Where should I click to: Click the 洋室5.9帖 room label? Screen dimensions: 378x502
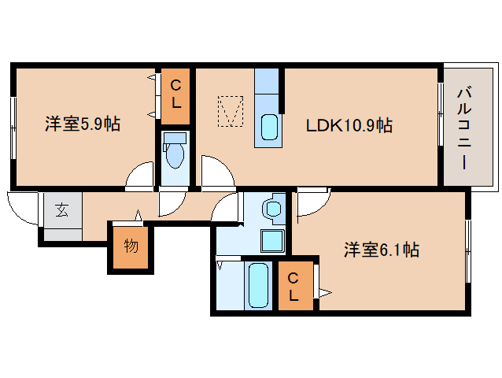point(82,124)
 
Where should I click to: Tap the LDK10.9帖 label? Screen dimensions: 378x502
point(349,124)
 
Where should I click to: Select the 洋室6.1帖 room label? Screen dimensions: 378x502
point(380,250)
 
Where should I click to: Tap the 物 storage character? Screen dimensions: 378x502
point(131,246)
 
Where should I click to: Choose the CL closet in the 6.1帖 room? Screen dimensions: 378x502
point(293,287)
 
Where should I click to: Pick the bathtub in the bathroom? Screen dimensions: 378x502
point(257,285)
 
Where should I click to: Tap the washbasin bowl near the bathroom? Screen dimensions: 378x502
point(272,209)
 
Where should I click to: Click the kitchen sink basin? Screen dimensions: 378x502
point(268,126)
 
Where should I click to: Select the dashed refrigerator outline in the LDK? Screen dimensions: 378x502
point(230,111)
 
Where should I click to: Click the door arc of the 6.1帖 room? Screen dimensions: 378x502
point(311,203)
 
